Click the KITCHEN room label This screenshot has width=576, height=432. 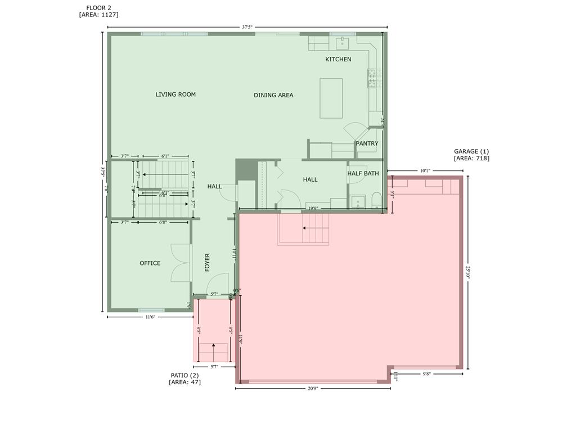[x=338, y=59]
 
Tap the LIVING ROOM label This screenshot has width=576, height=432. [x=175, y=94]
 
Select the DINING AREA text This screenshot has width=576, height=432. [x=273, y=96]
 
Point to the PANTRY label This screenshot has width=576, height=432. [x=367, y=143]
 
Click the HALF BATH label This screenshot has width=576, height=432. [x=363, y=173]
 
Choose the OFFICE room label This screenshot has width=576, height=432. [x=150, y=263]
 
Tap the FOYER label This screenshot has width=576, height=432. [x=207, y=263]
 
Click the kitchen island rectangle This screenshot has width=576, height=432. [x=331, y=98]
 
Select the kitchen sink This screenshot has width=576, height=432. [x=343, y=43]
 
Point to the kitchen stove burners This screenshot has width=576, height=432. [x=374, y=78]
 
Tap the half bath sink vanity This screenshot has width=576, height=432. [x=358, y=202]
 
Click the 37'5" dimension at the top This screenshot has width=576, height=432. [x=247, y=26]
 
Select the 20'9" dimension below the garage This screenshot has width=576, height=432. [x=313, y=388]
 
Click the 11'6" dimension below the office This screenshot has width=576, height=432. [x=150, y=317]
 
